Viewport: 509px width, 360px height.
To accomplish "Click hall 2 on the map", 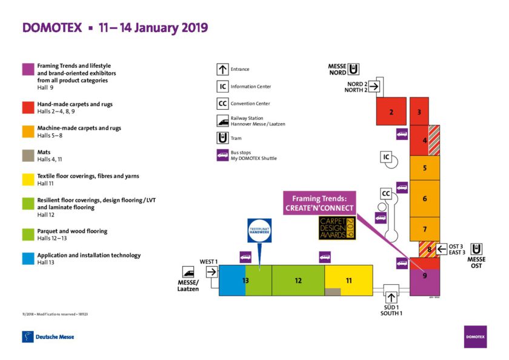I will (391, 112).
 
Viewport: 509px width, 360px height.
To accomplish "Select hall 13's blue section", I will (231, 280).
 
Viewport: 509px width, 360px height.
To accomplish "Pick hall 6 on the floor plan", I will (425, 198).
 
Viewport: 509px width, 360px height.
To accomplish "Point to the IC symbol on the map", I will (385, 158).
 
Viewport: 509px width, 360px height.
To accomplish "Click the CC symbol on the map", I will (386, 193).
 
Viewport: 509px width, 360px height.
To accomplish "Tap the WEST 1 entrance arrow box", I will (211, 272).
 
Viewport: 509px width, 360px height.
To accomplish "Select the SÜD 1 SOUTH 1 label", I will (391, 310).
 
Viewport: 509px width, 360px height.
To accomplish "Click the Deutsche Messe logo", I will (48, 336).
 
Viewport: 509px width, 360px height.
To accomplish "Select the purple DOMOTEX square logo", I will (475, 336).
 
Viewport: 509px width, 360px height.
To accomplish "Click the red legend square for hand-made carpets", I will (27, 107).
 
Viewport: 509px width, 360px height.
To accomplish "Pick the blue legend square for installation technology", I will (27, 259).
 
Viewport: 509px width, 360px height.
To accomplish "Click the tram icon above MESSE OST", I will (477, 249).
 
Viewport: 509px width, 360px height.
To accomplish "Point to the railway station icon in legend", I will (222, 121).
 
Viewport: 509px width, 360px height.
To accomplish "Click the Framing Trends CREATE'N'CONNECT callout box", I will (319, 203).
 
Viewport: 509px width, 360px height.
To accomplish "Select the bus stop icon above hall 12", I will (325, 257).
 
